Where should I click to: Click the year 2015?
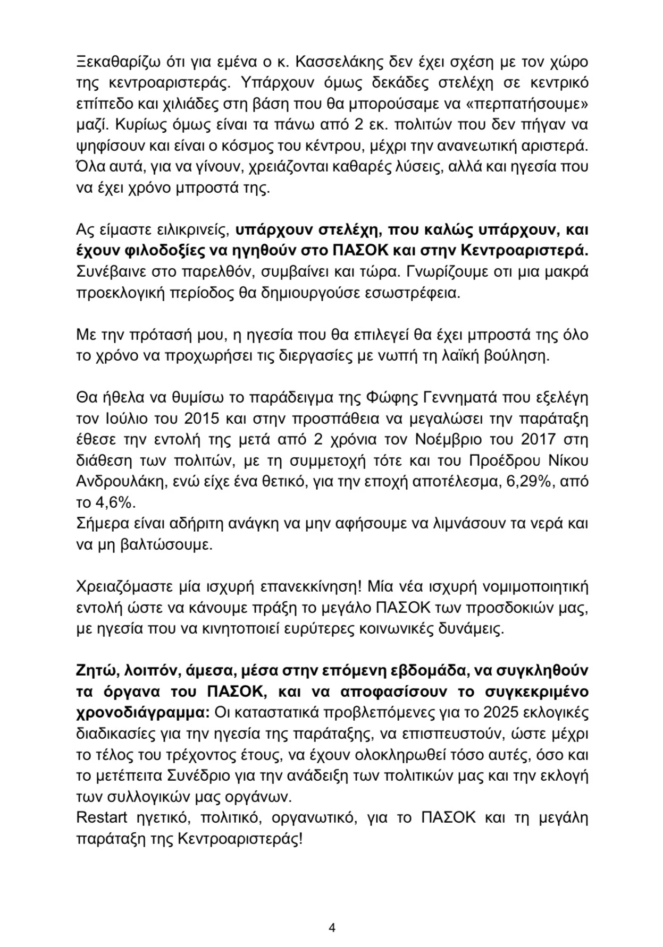202,419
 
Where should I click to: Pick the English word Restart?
104,817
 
